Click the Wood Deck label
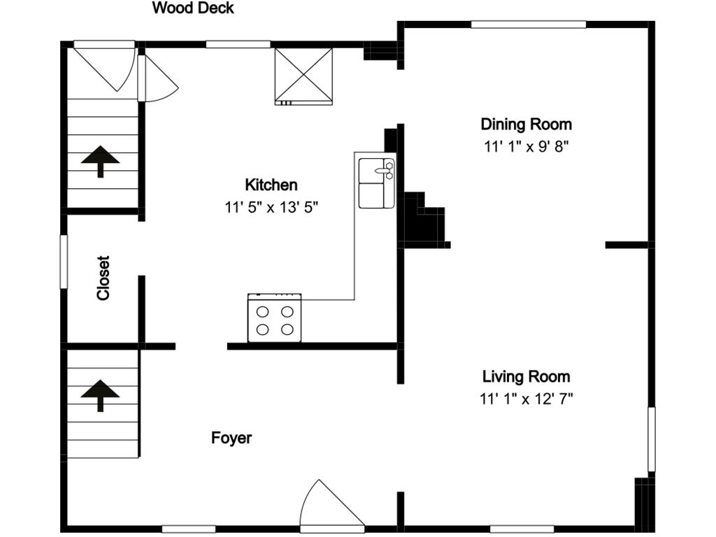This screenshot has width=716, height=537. pyautogui.click(x=193, y=8)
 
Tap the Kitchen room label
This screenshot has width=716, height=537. pyautogui.click(x=271, y=185)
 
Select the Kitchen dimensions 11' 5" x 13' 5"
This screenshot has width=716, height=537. pyautogui.click(x=271, y=208)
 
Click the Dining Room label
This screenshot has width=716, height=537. pyautogui.click(x=526, y=124)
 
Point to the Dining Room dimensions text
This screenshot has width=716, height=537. pyautogui.click(x=526, y=147)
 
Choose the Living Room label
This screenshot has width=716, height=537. pyautogui.click(x=526, y=377)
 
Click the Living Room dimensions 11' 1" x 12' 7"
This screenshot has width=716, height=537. pyautogui.click(x=526, y=399)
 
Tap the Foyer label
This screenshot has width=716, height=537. pyautogui.click(x=231, y=438)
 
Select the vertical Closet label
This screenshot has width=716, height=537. pyautogui.click(x=103, y=278)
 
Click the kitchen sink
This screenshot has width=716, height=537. pyautogui.click(x=376, y=183)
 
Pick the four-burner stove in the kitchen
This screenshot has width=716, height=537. pyautogui.click(x=275, y=318)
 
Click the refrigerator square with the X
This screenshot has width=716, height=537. pyautogui.click(x=303, y=76)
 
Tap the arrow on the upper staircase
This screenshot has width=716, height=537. pyautogui.click(x=100, y=160)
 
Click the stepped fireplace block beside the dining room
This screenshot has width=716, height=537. pyautogui.click(x=423, y=222)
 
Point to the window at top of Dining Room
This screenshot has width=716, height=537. pyautogui.click(x=528, y=24)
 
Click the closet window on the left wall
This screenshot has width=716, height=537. pyautogui.click(x=64, y=262)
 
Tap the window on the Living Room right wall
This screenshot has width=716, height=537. pyautogui.click(x=651, y=439)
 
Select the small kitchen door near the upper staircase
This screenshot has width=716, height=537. pyautogui.click(x=156, y=79)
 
